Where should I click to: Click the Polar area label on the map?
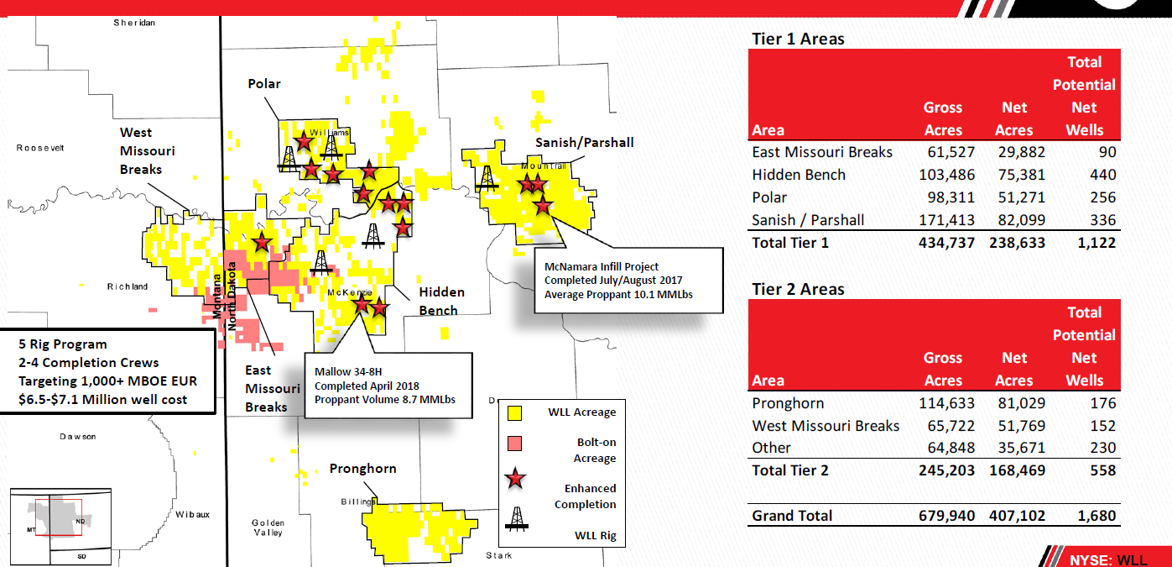tap(264, 84)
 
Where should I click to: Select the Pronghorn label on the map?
tap(362, 469)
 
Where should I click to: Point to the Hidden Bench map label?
tap(441, 301)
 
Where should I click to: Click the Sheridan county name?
tap(134, 23)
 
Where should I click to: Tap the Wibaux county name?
tap(193, 513)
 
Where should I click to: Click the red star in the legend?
tap(516, 479)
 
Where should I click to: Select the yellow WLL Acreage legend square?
tap(515, 412)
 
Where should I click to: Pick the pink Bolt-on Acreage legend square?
tap(515, 443)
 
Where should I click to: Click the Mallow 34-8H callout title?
tap(349, 372)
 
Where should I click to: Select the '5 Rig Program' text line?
tap(63, 344)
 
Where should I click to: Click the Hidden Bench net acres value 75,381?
tap(1014, 175)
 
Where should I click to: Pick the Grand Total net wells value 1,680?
tap(1096, 515)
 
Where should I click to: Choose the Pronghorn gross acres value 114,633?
tap(944, 403)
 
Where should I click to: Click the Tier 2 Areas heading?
tap(798, 289)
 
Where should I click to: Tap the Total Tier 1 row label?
tap(790, 243)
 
